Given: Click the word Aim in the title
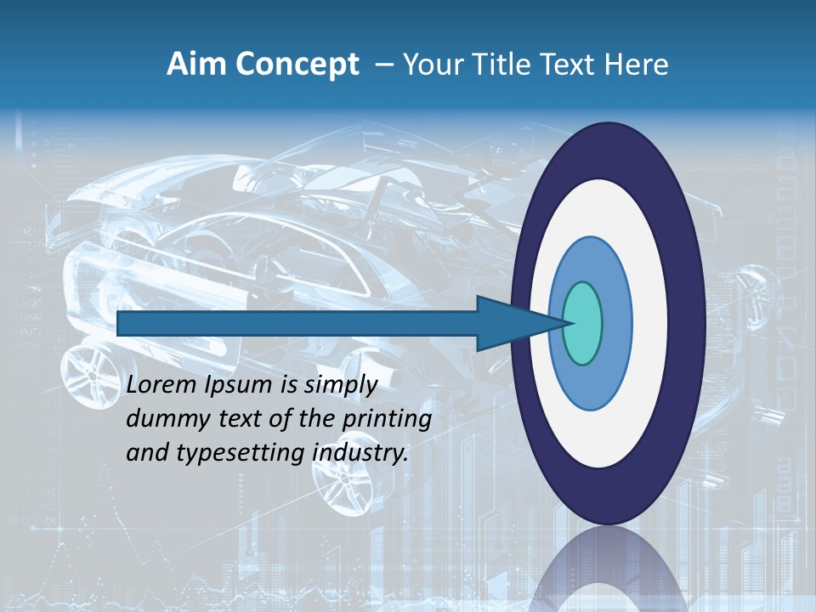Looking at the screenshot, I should (193, 65).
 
